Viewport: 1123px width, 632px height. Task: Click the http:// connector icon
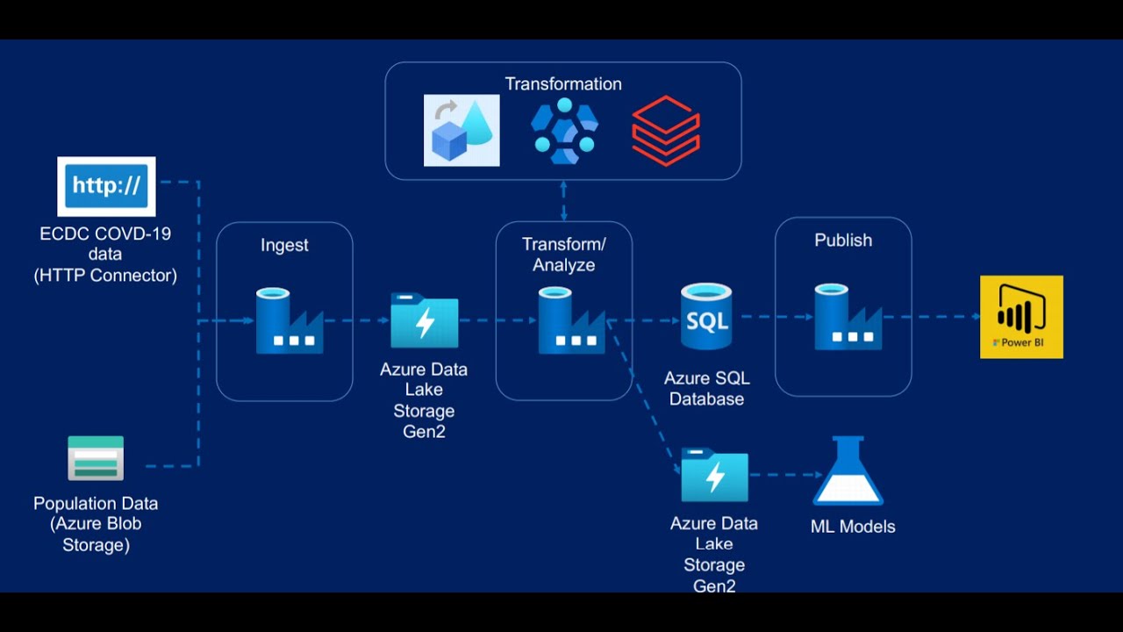coord(106,186)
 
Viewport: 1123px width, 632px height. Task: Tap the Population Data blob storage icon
coord(96,458)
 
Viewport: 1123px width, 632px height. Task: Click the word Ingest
coord(284,245)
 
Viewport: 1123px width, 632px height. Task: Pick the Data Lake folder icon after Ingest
coord(425,320)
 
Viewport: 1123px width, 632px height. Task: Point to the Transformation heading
coord(563,84)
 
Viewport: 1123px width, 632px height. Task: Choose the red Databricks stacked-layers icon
coord(666,131)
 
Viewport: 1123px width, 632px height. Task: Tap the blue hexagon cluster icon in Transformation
coord(564,131)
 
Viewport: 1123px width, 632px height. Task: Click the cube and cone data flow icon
coord(461,131)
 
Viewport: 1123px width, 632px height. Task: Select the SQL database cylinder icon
coord(706,317)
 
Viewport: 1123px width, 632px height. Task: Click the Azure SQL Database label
coord(706,388)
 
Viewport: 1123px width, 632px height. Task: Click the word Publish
coord(843,241)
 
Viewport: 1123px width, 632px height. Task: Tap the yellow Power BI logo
coord(1021,317)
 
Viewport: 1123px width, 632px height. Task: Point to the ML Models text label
coord(853,527)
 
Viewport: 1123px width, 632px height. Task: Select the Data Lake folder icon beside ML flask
coord(715,475)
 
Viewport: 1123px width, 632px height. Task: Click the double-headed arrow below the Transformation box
coord(563,201)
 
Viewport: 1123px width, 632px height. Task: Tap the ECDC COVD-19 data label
coord(105,255)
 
